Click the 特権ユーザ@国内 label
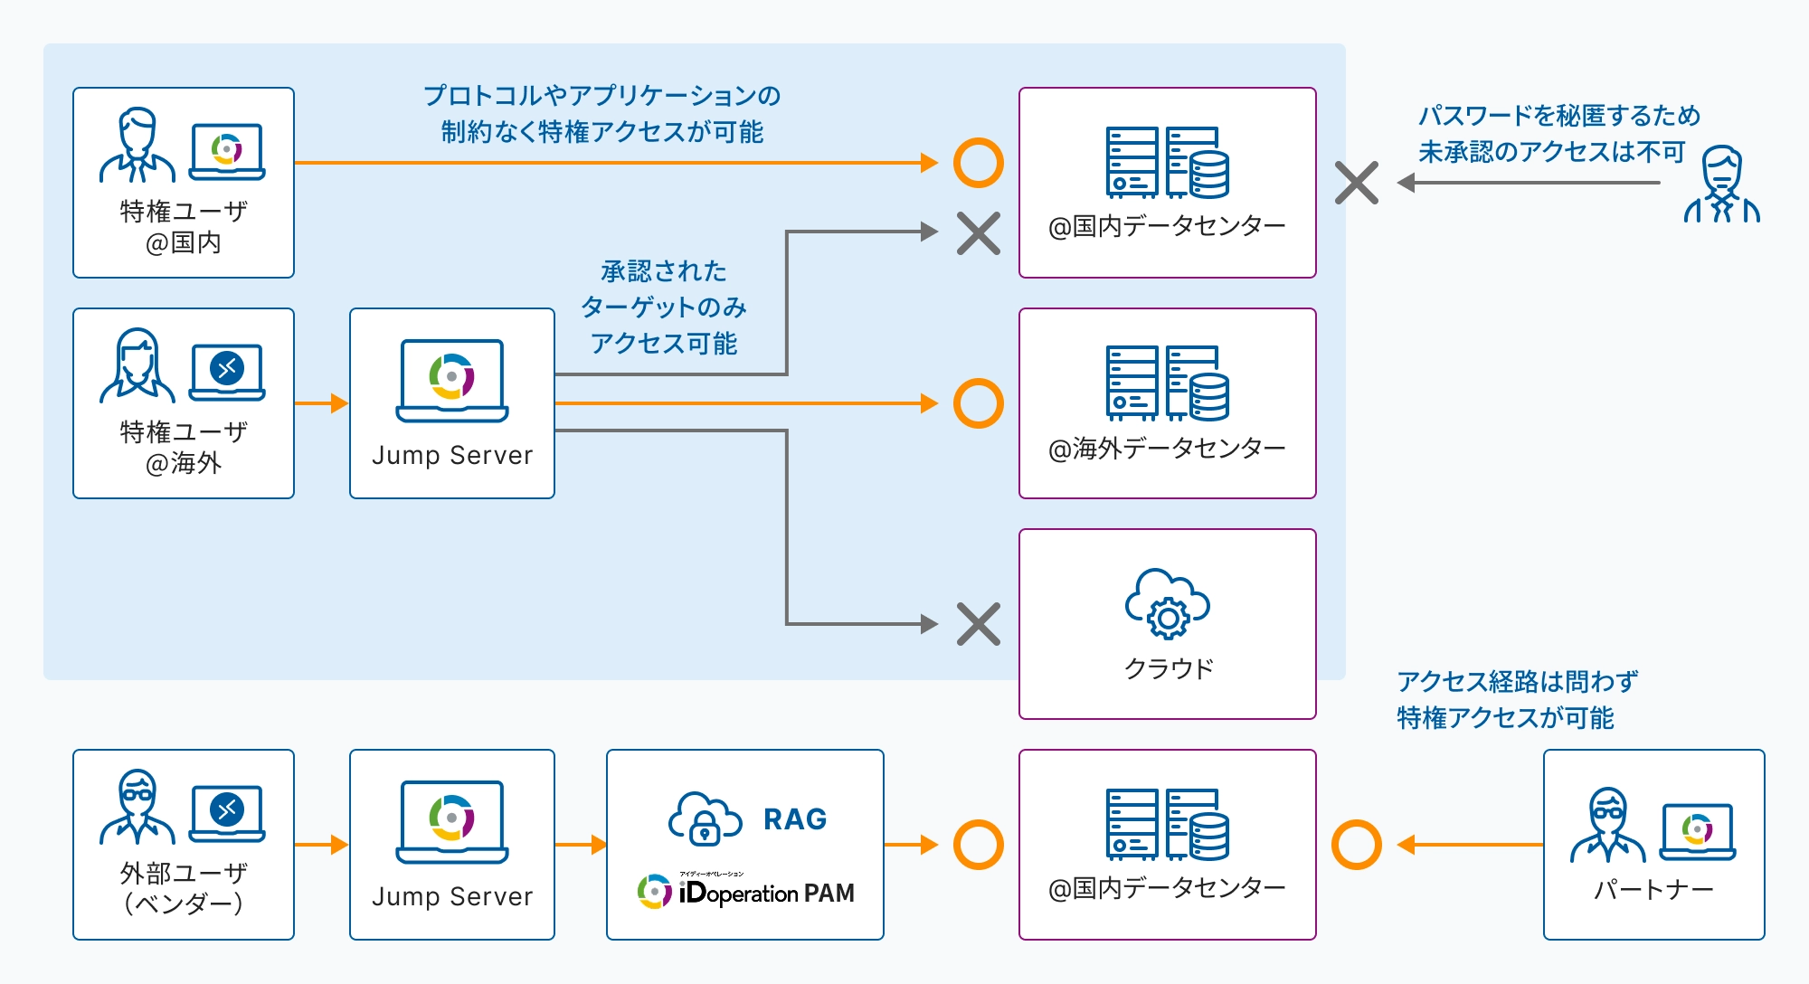click(x=184, y=226)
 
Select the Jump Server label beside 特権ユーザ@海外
click(x=452, y=455)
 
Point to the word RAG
click(x=795, y=819)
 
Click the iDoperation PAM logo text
click(x=765, y=893)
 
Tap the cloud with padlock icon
click(x=705, y=819)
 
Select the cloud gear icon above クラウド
click(x=1167, y=604)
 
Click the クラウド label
click(x=1168, y=668)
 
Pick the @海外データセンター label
click(x=1167, y=449)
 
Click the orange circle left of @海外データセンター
click(x=979, y=403)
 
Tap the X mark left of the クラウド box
click(x=979, y=624)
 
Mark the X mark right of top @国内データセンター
click(x=1357, y=183)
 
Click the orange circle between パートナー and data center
click(x=1357, y=845)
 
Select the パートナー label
click(x=1653, y=890)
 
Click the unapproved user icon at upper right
click(x=1721, y=184)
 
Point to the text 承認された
click(x=664, y=271)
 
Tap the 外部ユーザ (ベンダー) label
click(x=184, y=888)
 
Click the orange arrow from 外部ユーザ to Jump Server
click(x=321, y=845)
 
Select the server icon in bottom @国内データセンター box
click(x=1167, y=824)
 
